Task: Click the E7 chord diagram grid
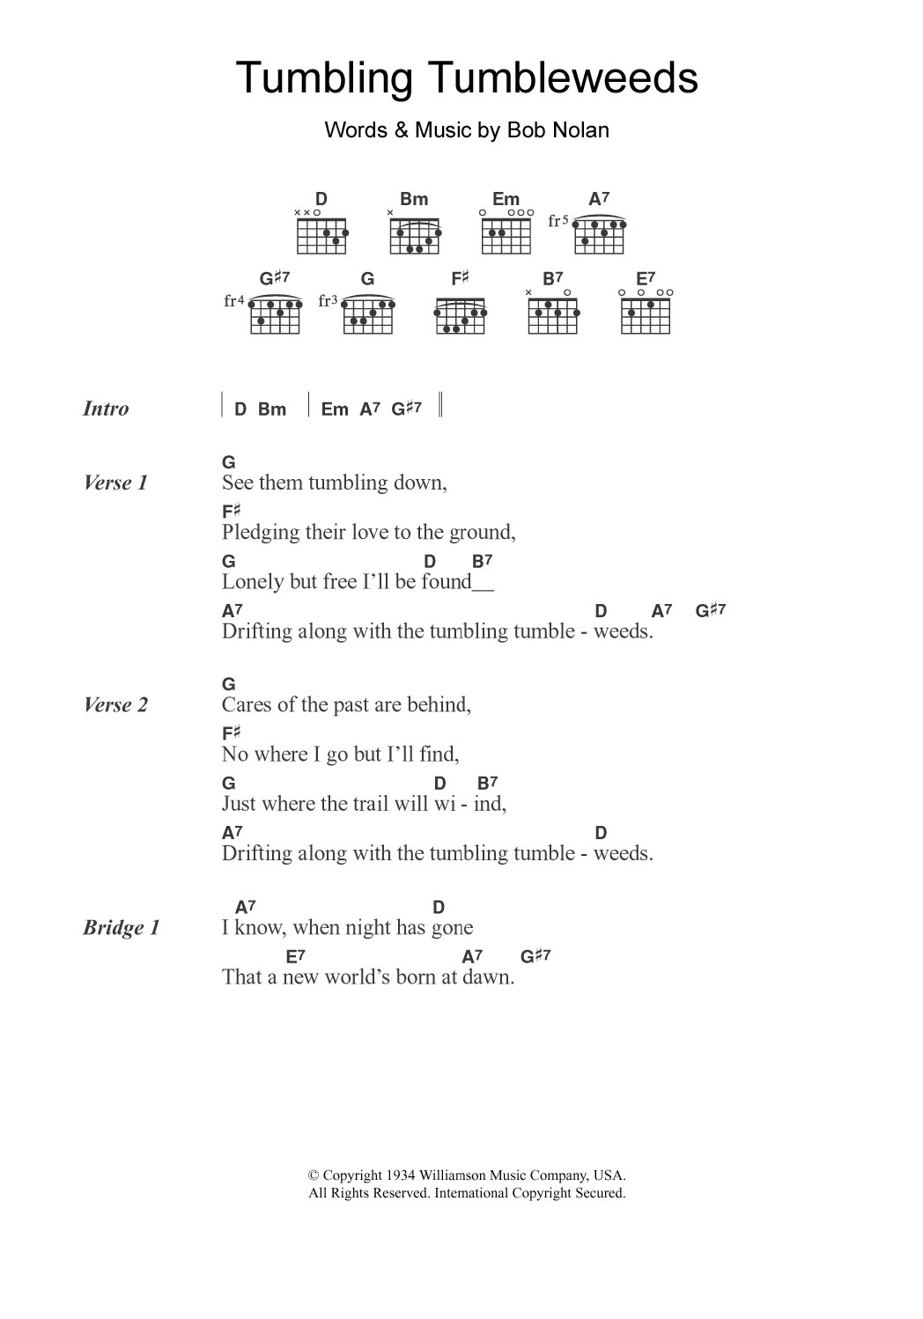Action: (646, 315)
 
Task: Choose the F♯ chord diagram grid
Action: (460, 315)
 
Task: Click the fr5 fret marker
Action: (558, 221)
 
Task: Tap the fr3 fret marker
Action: (329, 301)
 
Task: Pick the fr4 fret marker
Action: (233, 301)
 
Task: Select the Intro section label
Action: (106, 409)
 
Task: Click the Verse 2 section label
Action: (115, 704)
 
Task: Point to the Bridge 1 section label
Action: (122, 927)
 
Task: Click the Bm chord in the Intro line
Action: (272, 409)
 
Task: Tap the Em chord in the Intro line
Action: (335, 409)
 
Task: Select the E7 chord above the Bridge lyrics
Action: (295, 956)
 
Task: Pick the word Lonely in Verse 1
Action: (248, 582)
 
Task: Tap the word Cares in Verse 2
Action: (246, 705)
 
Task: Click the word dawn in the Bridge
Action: (491, 977)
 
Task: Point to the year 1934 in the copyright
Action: (401, 1175)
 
